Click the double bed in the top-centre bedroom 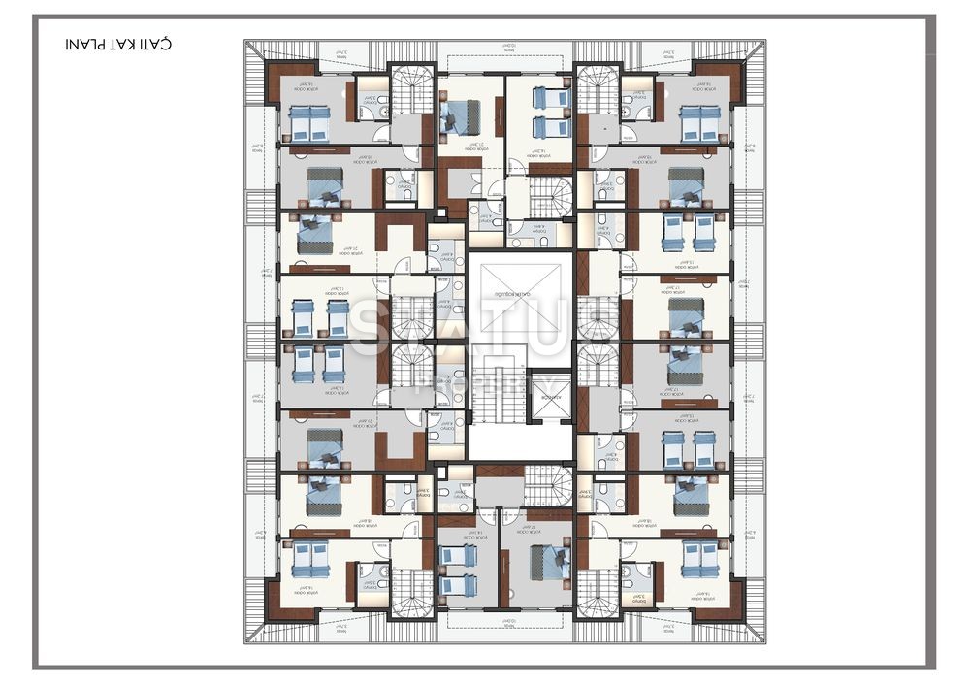tap(456, 116)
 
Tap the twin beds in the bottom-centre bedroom tap(457, 571)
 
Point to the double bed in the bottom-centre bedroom tap(553, 563)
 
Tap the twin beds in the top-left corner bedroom tap(310, 124)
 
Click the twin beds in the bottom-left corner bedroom tap(310, 559)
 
